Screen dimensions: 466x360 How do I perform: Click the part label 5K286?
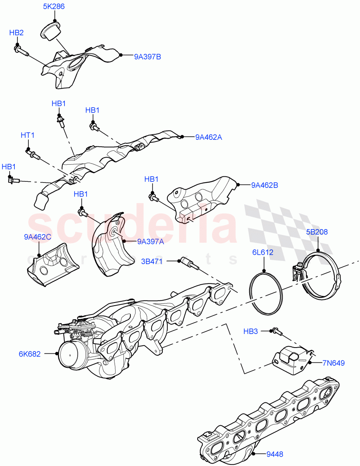54,7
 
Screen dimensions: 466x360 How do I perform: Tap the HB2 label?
16,33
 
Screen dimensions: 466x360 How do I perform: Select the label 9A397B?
148,57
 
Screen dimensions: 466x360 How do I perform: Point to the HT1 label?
28,135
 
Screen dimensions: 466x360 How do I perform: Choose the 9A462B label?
264,185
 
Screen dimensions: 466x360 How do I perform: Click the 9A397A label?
150,242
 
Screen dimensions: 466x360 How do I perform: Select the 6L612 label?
263,252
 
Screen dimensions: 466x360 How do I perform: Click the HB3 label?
250,331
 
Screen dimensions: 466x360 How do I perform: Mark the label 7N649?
333,363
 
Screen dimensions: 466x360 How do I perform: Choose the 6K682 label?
29,354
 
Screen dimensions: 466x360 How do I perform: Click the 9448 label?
275,454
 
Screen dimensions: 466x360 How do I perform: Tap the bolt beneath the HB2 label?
21,50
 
